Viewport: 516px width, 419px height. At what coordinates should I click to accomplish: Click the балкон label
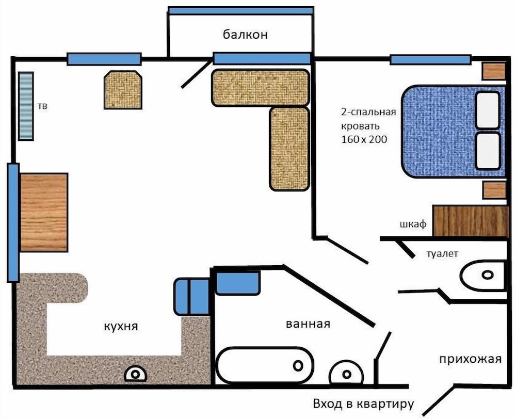click(x=245, y=35)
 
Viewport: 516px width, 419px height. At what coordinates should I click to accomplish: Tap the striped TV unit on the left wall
click(x=26, y=106)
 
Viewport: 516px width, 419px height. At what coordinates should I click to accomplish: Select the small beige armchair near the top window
click(x=123, y=90)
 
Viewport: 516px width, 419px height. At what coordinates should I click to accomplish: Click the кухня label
click(x=121, y=326)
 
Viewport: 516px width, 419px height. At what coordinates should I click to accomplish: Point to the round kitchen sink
click(x=135, y=374)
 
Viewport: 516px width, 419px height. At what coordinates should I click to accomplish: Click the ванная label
click(x=308, y=324)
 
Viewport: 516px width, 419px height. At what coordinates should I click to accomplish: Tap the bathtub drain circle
click(x=298, y=365)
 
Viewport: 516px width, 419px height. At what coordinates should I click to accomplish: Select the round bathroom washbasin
click(x=346, y=373)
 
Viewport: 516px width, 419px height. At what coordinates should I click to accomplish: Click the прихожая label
click(x=470, y=359)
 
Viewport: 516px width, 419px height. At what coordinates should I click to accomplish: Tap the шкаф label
click(x=413, y=224)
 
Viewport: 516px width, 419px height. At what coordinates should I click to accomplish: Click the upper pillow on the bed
click(x=488, y=110)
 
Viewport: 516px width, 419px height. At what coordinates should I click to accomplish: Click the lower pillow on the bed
click(x=488, y=151)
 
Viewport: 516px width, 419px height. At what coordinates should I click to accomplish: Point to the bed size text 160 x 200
click(x=364, y=139)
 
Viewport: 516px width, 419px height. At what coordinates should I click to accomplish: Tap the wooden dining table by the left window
click(x=44, y=212)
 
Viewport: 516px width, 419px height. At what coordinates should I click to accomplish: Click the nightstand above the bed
click(x=494, y=71)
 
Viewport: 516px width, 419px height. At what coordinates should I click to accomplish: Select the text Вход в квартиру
click(x=363, y=404)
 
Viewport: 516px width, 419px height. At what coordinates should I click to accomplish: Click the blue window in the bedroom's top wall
click(x=430, y=59)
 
